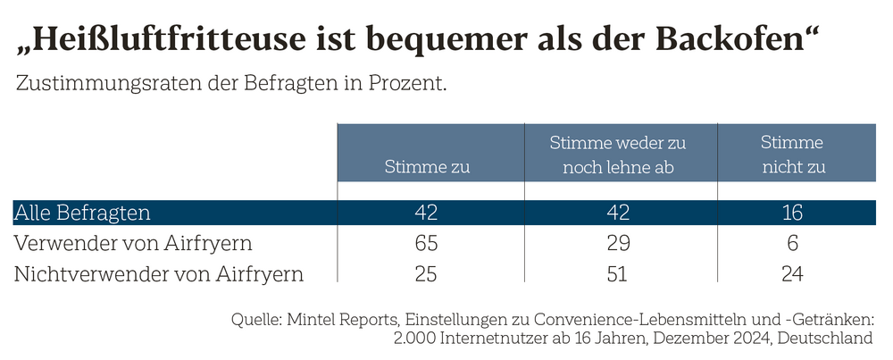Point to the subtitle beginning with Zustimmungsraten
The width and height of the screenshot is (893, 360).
pos(230,85)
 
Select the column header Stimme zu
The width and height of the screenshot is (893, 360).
pos(427,166)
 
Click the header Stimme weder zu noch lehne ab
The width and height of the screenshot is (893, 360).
pos(617,155)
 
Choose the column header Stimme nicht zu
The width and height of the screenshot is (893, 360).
pos(791,155)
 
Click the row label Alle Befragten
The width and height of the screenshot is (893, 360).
pos(82,213)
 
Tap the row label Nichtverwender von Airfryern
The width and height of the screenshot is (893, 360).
pos(159,273)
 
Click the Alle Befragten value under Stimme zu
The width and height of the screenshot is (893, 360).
pos(427,213)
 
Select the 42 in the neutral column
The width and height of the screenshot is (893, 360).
pos(617,213)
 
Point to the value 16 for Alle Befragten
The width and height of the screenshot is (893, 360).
pos(791,213)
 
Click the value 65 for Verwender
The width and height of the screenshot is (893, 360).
pos(427,243)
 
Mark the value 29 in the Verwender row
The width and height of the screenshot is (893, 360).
pos(617,243)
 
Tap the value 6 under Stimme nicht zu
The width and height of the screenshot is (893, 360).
pos(791,243)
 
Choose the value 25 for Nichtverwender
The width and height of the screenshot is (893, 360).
pos(427,273)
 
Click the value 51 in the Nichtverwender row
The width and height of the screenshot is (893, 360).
pos(617,273)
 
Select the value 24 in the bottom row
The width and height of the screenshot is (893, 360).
pos(791,273)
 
